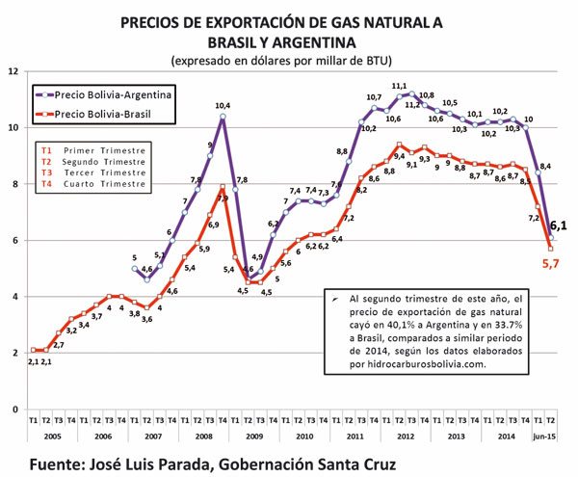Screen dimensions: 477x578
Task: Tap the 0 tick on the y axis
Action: [x=13, y=409]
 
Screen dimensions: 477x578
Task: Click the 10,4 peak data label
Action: [x=223, y=105]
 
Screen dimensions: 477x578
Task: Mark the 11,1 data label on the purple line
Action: [x=399, y=86]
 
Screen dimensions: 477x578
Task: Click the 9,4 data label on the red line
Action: [x=399, y=155]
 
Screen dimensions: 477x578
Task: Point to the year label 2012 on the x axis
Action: [x=405, y=436]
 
